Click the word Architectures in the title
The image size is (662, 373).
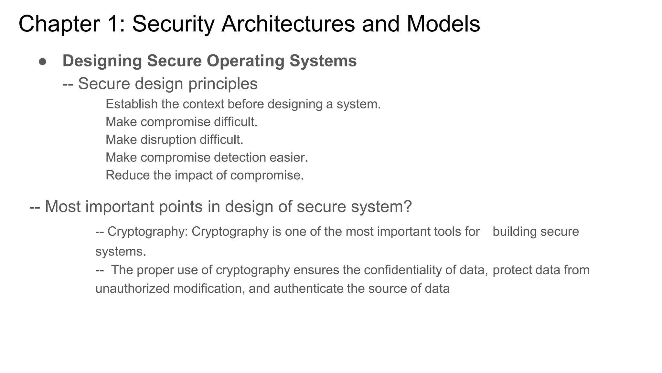click(288, 24)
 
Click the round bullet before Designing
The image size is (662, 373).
click(43, 62)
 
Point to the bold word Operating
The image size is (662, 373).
click(245, 61)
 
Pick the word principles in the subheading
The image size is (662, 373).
click(223, 84)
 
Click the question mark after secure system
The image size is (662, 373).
click(408, 207)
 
